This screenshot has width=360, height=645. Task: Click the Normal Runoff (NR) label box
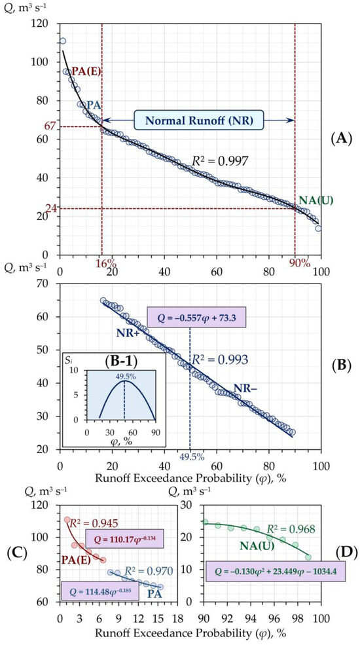click(198, 120)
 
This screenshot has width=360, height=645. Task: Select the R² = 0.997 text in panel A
click(221, 160)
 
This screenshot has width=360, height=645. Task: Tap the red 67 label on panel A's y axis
click(50, 126)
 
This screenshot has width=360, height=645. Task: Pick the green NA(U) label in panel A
click(315, 200)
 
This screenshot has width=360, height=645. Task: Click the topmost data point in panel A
click(62, 41)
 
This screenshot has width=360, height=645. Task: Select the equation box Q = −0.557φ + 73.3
click(196, 317)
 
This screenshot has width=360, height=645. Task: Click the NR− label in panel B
click(245, 388)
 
